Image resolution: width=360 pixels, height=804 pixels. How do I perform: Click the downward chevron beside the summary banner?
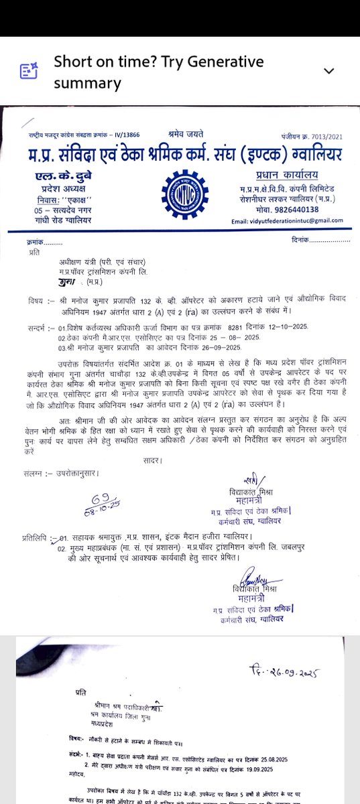tap(328, 71)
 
